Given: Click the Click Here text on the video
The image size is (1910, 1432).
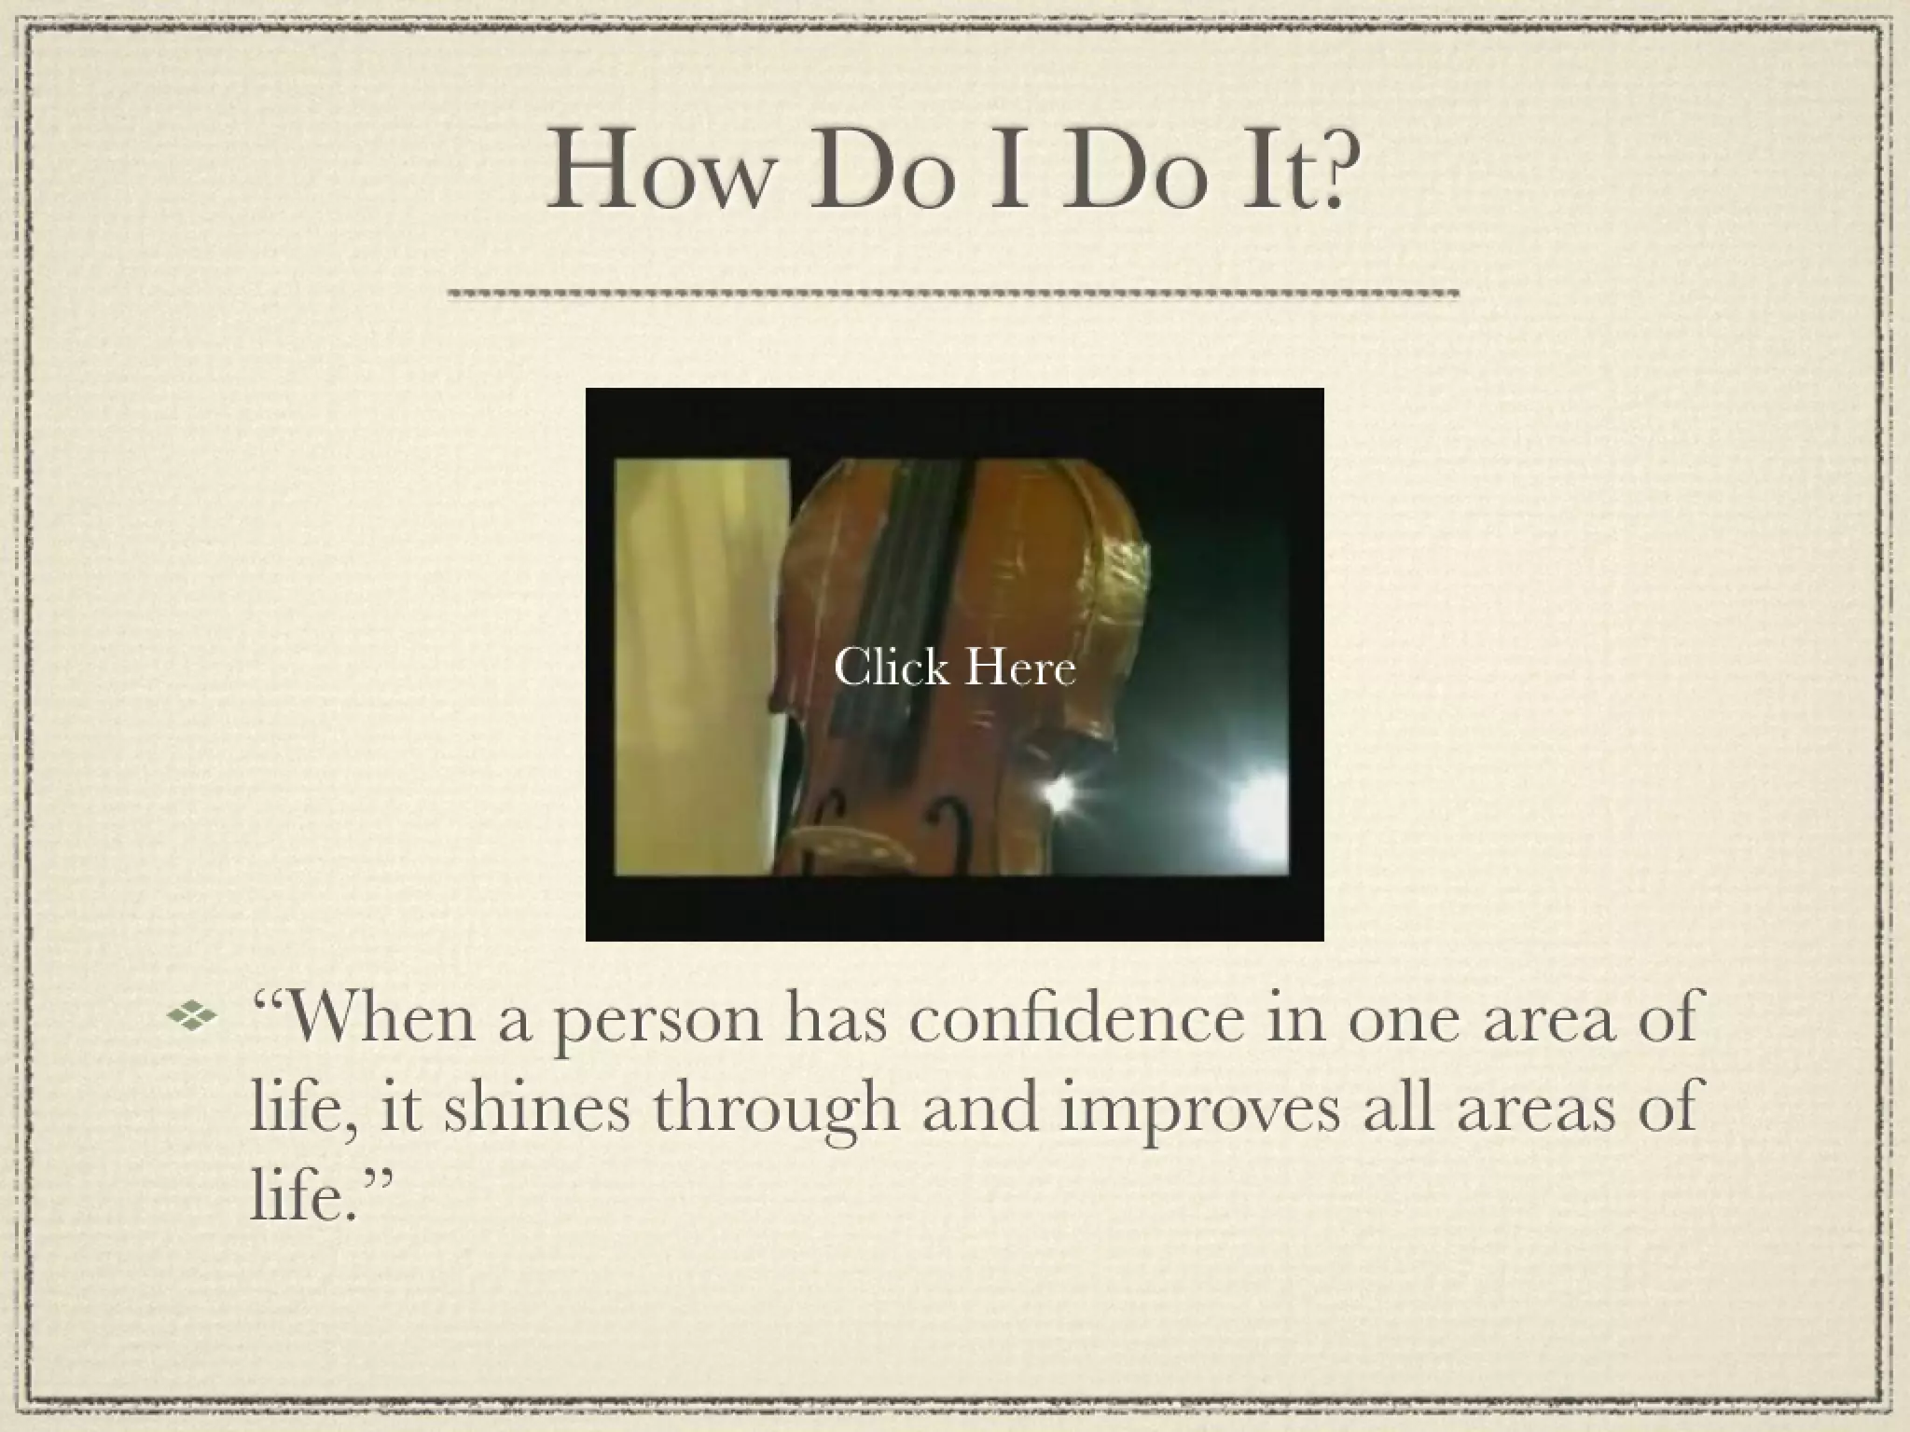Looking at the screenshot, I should click(x=954, y=668).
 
